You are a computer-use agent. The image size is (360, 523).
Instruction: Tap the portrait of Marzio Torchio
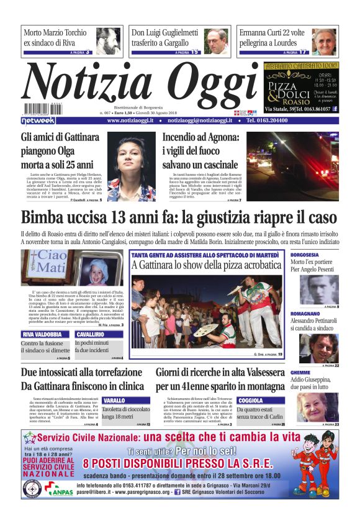point(108,41)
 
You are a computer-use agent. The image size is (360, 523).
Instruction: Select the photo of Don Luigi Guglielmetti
point(215,41)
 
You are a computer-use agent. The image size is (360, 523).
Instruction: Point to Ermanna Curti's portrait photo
point(323,42)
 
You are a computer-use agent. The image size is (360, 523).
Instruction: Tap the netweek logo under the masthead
point(38,121)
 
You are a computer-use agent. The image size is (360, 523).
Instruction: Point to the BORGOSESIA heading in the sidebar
point(305,255)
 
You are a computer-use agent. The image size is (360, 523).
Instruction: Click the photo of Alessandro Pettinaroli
point(319,348)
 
